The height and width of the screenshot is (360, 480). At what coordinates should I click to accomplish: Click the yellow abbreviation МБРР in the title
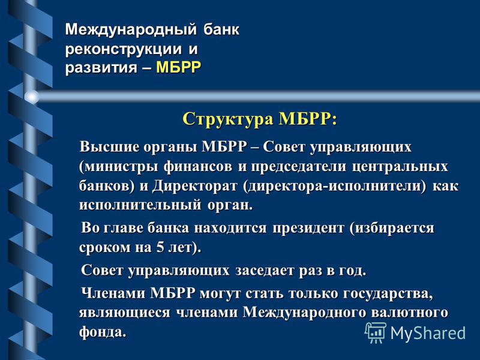[178, 67]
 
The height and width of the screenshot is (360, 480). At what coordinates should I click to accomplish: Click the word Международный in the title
[131, 29]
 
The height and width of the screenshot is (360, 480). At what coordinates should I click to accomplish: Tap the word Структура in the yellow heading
[228, 118]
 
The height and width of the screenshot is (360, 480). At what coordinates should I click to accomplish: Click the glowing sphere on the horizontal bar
[32, 97]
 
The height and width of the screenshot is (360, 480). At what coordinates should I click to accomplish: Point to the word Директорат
[195, 186]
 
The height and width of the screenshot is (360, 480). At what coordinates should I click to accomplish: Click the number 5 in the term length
[160, 247]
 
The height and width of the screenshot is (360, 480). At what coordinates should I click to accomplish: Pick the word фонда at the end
[103, 332]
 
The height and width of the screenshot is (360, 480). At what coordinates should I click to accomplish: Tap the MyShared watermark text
[428, 333]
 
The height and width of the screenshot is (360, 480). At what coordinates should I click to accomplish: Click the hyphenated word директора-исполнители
[334, 186]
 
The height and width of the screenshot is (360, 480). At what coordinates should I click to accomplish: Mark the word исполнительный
[140, 205]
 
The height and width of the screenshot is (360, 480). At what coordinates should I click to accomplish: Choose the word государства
[388, 294]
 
